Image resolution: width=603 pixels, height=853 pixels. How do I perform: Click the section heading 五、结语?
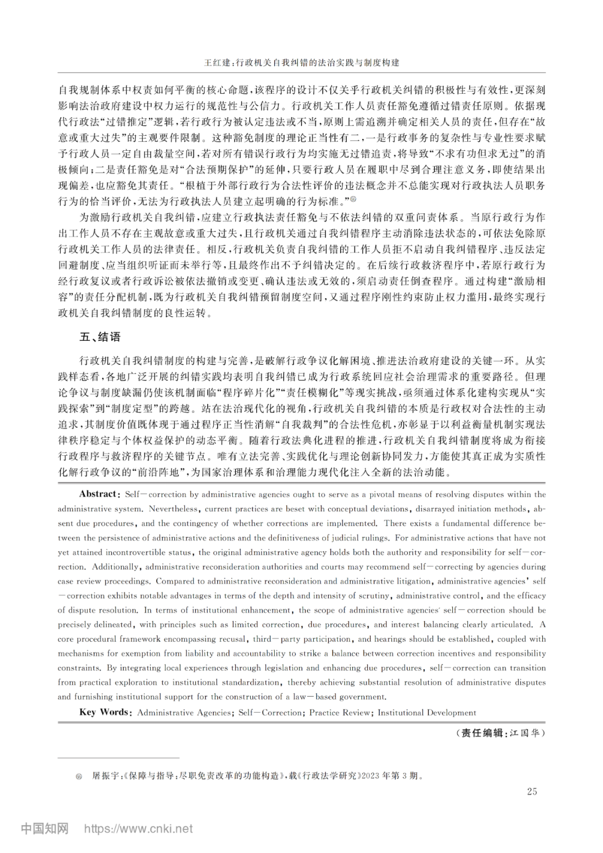100,337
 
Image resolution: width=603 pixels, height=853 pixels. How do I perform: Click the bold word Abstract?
98,494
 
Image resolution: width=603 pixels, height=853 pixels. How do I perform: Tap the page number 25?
532,791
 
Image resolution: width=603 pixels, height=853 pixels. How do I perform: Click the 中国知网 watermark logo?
45,828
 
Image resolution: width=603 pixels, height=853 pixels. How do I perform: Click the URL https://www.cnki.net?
138,829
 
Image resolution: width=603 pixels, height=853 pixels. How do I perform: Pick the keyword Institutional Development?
427,712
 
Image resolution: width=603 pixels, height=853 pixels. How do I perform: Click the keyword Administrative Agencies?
184,712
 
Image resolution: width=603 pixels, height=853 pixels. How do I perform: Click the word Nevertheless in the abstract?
174,509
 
